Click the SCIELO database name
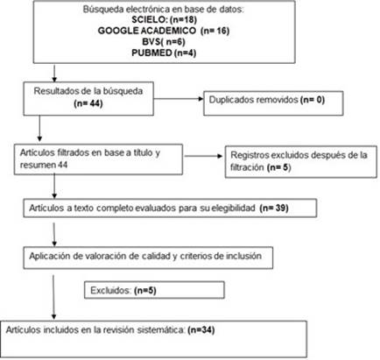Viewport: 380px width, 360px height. pos(149,19)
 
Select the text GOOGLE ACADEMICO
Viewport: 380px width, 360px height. pos(147,31)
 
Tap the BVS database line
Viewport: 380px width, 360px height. pos(164,42)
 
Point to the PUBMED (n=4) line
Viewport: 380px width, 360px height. pos(164,53)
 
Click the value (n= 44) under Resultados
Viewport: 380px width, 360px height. pos(88,103)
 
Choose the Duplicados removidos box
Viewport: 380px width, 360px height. pos(273,103)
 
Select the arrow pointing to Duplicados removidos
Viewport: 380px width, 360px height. pos(179,99)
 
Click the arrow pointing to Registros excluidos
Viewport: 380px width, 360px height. pos(203,156)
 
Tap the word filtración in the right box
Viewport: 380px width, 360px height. pos(247,167)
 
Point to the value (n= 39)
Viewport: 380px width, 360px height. pos(274,208)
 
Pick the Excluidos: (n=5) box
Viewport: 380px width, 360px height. pos(154,290)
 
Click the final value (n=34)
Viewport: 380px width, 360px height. pos(201,330)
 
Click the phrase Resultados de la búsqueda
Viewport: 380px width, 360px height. pos(88,91)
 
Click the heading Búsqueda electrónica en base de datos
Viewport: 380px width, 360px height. pos(164,9)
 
